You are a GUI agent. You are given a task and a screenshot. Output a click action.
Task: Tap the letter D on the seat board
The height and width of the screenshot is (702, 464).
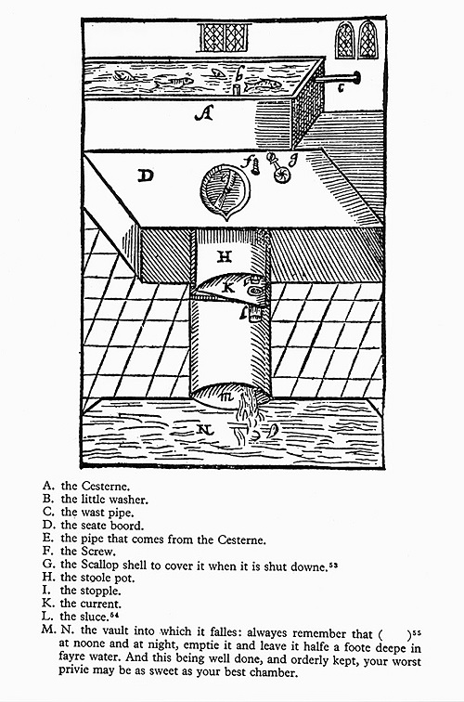pyautogui.click(x=146, y=175)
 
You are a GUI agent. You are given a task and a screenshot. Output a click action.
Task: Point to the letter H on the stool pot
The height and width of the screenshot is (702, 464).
pyautogui.click(x=225, y=256)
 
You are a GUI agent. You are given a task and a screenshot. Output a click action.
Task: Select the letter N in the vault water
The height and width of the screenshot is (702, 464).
pyautogui.click(x=205, y=430)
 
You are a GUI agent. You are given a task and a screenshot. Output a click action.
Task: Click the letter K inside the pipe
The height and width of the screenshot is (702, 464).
pyautogui.click(x=227, y=287)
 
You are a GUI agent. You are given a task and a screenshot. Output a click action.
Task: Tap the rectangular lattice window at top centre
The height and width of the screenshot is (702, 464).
pyautogui.click(x=224, y=37)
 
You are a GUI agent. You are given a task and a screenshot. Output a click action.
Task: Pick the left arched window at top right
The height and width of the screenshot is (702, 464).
pyautogui.click(x=344, y=40)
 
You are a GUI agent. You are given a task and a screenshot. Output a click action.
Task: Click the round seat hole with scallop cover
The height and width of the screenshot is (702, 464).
pyautogui.click(x=225, y=191)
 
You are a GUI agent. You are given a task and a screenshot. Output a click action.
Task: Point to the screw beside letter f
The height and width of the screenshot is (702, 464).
pyautogui.click(x=256, y=167)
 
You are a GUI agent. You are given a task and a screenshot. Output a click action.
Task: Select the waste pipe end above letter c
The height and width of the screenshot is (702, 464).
pyautogui.click(x=357, y=78)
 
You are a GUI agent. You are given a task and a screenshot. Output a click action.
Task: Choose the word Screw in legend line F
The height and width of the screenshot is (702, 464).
pyautogui.click(x=98, y=552)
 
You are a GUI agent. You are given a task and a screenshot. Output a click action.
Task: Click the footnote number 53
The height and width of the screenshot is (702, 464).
pyautogui.click(x=332, y=565)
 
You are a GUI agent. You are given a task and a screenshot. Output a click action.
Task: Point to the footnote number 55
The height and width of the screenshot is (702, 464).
pyautogui.click(x=417, y=632)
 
